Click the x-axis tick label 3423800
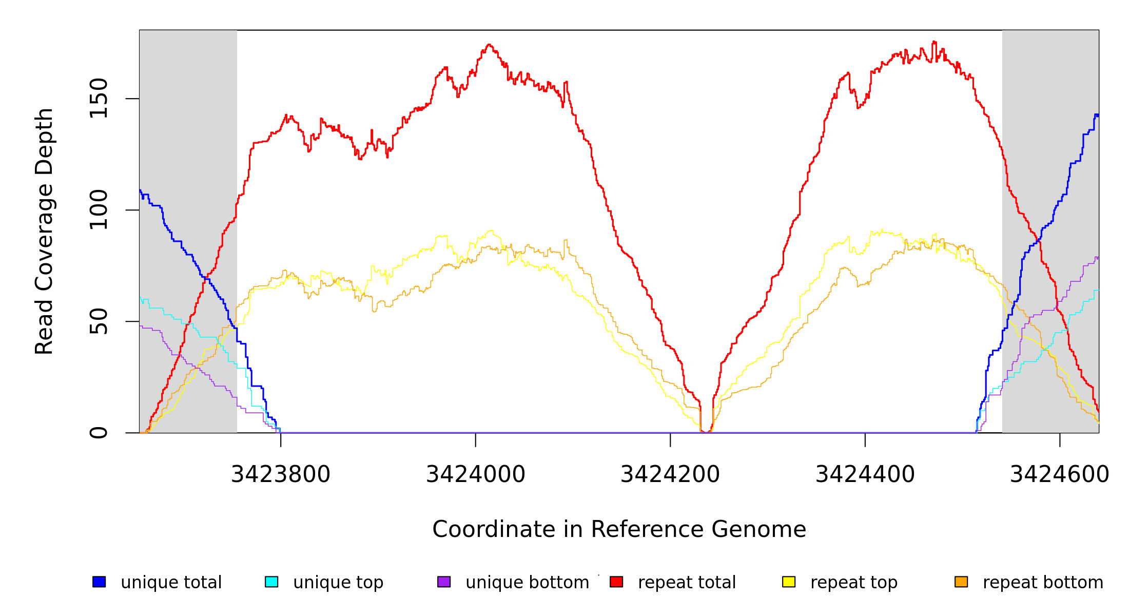click(280, 475)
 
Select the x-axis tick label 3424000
click(475, 475)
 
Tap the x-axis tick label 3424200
click(670, 475)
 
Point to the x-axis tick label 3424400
click(865, 475)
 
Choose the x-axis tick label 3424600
click(1059, 475)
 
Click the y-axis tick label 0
click(99, 433)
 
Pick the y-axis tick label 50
click(99, 321)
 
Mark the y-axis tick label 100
click(99, 209)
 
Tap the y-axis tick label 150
click(99, 98)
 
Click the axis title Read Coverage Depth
click(44, 231)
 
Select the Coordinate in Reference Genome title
click(619, 529)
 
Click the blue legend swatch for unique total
click(99, 582)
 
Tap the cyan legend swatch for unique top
click(271, 582)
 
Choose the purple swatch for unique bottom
click(444, 582)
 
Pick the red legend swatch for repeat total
click(616, 582)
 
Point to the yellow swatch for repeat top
click(789, 582)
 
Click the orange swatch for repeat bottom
click(961, 582)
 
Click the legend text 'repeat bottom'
click(1043, 583)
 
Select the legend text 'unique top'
click(338, 583)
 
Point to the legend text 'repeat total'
click(687, 583)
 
